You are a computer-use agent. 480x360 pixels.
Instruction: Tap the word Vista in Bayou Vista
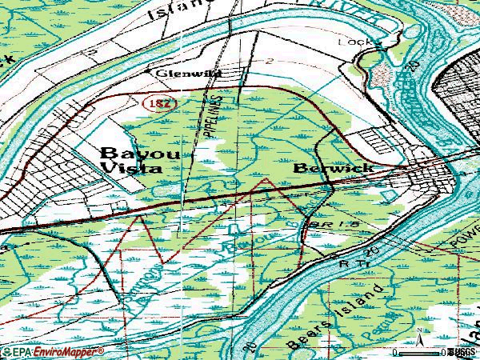click(x=131, y=168)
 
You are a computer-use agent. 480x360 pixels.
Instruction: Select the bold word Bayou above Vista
click(x=128, y=152)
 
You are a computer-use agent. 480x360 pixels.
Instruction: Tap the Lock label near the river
click(x=350, y=42)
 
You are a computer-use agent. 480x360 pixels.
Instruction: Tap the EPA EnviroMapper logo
click(x=52, y=352)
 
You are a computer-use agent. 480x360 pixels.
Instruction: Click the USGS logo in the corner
click(x=462, y=351)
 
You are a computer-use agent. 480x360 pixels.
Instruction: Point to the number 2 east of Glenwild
click(x=271, y=62)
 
